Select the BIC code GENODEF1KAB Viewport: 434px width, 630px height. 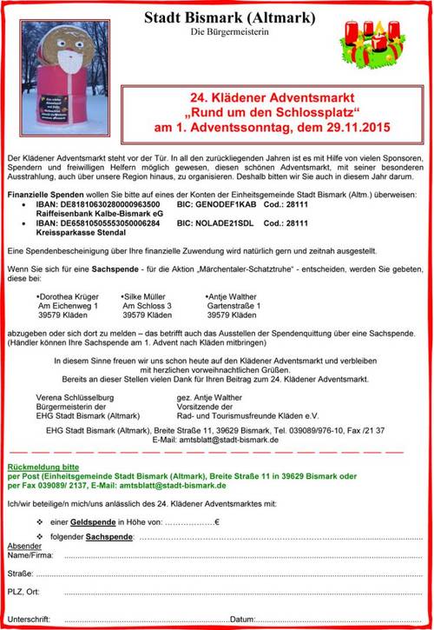227,202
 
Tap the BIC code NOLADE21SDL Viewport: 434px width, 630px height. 227,223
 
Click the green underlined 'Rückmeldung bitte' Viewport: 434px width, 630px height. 41,467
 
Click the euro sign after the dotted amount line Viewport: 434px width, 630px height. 216,521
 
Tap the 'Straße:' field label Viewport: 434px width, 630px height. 21,573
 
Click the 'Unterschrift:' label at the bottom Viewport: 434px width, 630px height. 29,618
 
